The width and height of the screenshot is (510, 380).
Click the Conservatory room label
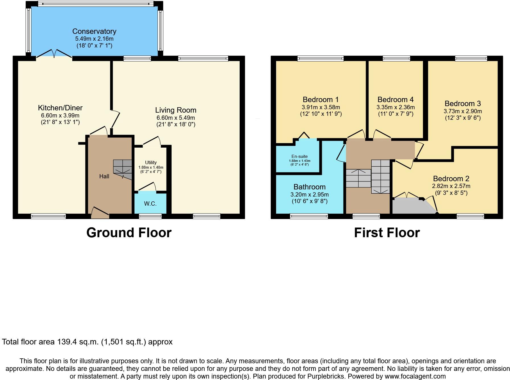click(x=94, y=31)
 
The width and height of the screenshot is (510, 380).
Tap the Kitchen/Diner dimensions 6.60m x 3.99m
click(x=60, y=115)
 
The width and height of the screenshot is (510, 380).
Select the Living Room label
click(x=176, y=110)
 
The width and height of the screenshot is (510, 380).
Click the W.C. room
click(x=150, y=204)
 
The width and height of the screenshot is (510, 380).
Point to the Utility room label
click(x=151, y=163)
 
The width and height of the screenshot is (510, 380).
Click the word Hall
click(x=104, y=176)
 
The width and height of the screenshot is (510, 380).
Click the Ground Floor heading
click(x=129, y=233)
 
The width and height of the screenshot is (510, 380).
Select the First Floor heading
click(x=387, y=233)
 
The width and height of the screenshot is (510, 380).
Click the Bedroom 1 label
click(x=320, y=100)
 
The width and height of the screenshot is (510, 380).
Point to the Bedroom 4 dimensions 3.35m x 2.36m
click(x=395, y=108)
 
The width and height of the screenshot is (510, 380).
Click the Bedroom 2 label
click(x=451, y=179)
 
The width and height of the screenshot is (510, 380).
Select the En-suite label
click(x=299, y=156)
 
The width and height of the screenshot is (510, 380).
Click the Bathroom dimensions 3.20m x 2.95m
click(x=309, y=195)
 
